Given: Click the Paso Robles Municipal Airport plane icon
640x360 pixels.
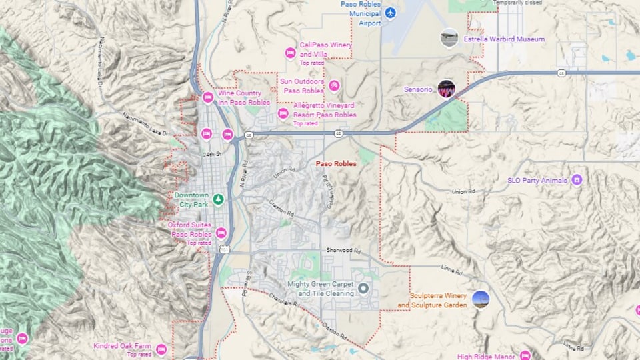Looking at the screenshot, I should (x=391, y=13).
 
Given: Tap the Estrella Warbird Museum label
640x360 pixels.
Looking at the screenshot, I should (x=504, y=39).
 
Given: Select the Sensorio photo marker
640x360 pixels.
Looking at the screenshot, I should (x=446, y=89).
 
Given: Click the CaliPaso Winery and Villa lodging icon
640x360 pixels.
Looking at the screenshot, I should (x=290, y=53).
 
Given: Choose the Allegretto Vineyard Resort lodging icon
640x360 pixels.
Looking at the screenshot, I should (x=283, y=113).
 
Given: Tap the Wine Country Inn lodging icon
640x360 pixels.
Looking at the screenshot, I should (x=207, y=97).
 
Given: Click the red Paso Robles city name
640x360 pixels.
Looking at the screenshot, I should (x=336, y=163).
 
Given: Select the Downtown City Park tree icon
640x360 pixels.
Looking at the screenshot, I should (x=218, y=199).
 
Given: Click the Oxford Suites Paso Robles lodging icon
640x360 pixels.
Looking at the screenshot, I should (x=221, y=233).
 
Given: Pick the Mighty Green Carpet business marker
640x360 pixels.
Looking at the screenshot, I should (x=363, y=289).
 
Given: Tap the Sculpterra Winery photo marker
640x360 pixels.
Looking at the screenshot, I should (x=480, y=300).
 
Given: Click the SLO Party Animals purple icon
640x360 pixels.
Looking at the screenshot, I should (x=577, y=180).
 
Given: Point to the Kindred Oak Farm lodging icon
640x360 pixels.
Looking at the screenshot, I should (x=161, y=349).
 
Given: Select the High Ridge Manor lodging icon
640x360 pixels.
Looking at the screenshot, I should (x=525, y=356).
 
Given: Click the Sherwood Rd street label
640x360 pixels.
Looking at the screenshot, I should (x=343, y=250).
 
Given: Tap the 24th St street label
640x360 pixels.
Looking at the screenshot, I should (x=212, y=155).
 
